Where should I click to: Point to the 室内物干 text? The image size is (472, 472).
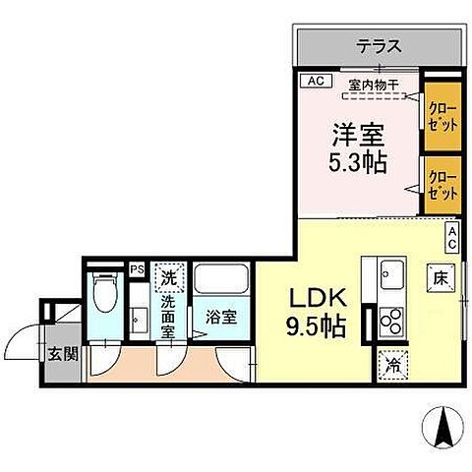point(372,84)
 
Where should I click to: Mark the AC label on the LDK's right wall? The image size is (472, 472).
point(452,236)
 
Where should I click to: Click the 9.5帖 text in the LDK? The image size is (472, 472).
point(316,326)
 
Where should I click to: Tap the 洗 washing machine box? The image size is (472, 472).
point(170,277)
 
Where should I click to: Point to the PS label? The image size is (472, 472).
point(136,265)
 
